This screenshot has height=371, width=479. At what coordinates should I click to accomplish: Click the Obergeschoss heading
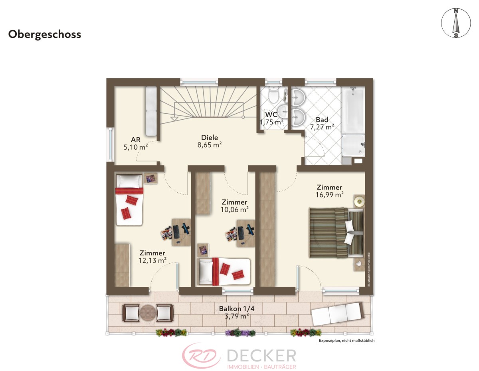pos(45,35)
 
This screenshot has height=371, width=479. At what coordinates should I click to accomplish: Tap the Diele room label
pos(210,138)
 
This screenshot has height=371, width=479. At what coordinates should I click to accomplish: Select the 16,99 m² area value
pos(329,195)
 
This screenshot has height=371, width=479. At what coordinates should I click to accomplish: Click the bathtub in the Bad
pos(353,110)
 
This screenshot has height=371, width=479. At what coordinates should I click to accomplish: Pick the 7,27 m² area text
pos(322,127)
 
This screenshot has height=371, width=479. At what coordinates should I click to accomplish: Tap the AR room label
pos(136,140)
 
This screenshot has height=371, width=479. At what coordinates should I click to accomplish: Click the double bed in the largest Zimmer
pos(336,233)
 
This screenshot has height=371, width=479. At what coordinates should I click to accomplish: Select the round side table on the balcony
pos(148,312)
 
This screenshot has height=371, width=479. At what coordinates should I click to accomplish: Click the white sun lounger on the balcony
pos(337,314)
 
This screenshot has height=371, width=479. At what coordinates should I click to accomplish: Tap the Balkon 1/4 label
pos(237,309)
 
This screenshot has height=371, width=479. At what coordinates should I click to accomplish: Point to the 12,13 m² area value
pos(152,260)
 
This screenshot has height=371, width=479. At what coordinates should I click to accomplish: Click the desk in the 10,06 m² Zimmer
pos(245,233)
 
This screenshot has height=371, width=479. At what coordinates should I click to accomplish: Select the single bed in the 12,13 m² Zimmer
pos(129,200)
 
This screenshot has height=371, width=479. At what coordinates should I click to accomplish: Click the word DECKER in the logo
pos(261,355)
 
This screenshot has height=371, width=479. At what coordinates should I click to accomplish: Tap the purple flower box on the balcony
pos(240,332)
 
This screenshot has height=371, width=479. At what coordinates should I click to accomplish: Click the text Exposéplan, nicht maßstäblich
pos(346,341)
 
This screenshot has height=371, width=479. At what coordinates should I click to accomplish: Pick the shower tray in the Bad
pos(353,146)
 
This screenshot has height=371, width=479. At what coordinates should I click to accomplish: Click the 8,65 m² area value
pos(210,145)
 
